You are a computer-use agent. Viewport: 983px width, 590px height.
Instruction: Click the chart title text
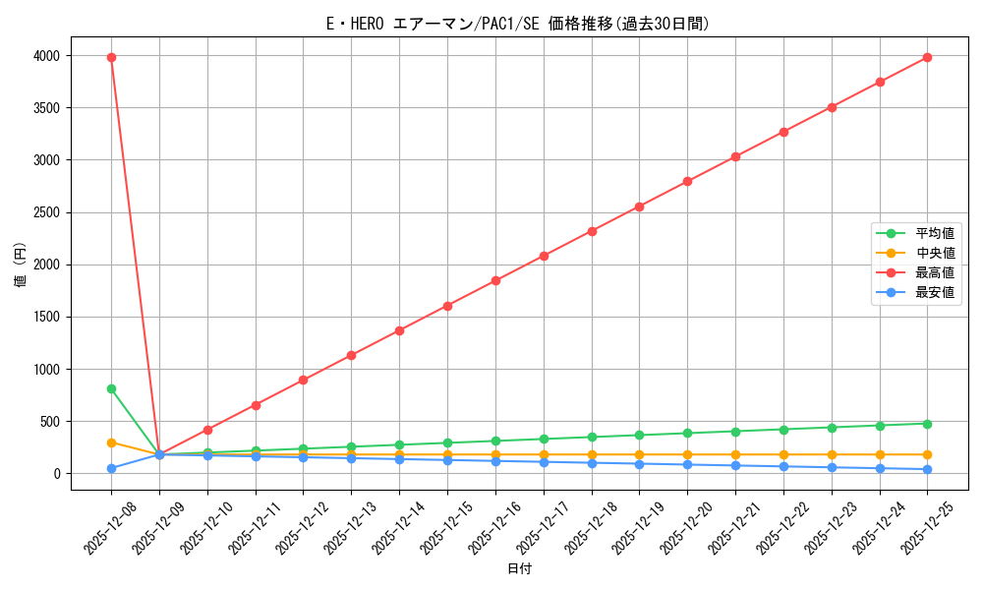(x=518, y=24)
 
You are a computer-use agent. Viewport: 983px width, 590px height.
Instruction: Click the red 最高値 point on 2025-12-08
(x=111, y=57)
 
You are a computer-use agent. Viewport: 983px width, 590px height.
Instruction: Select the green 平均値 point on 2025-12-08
(x=111, y=388)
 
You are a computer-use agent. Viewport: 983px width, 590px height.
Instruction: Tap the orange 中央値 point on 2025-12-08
(x=111, y=442)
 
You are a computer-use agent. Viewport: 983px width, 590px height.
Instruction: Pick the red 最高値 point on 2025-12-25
(x=927, y=57)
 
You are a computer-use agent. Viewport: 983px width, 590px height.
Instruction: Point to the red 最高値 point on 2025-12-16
(x=495, y=280)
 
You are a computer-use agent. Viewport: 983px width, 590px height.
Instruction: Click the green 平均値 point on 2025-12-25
(x=927, y=424)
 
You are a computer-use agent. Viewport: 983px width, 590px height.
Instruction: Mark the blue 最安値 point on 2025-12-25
(x=927, y=469)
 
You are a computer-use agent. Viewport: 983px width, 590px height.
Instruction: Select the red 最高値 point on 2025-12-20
(x=687, y=181)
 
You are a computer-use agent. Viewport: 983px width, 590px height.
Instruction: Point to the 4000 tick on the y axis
(x=68, y=56)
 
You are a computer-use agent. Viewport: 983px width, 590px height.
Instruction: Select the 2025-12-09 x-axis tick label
(x=152, y=526)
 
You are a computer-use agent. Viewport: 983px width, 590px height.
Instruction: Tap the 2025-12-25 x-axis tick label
(x=920, y=526)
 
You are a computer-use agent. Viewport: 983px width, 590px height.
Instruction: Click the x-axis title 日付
(x=519, y=569)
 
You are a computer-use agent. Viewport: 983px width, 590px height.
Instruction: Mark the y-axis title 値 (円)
(x=21, y=265)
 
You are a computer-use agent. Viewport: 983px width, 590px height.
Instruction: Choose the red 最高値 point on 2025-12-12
(x=303, y=380)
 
